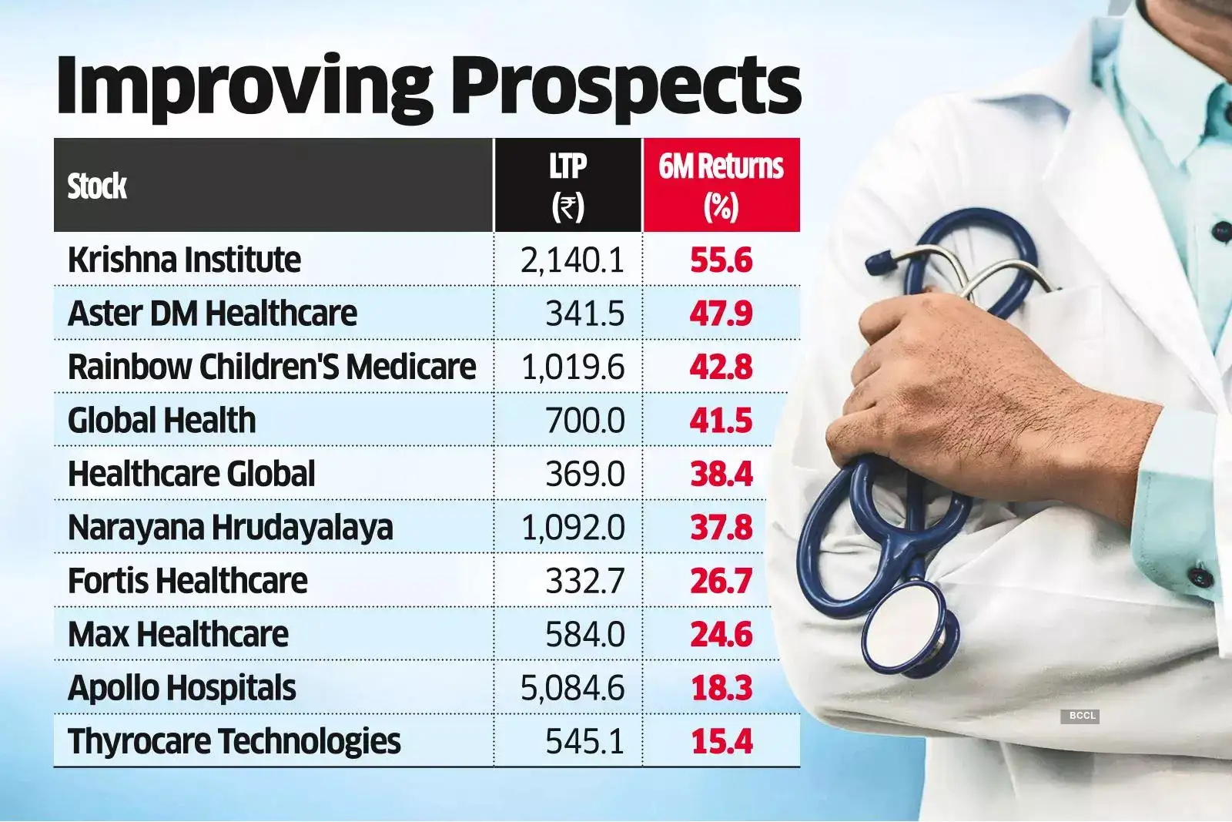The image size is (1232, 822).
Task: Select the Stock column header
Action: pyautogui.click(x=97, y=186)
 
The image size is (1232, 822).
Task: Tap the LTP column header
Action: pyautogui.click(x=567, y=185)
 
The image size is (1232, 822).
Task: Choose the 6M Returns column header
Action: pyautogui.click(x=721, y=185)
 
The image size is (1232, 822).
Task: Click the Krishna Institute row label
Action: pyautogui.click(x=184, y=260)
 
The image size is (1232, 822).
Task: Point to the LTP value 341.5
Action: pyautogui.click(x=584, y=314)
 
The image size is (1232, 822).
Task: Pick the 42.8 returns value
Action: pyautogui.click(x=721, y=367)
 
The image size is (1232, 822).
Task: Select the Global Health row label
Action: pyautogui.click(x=162, y=421)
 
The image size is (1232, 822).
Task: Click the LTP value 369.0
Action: pyautogui.click(x=584, y=474)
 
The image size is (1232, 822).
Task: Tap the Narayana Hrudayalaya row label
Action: pyautogui.click(x=230, y=528)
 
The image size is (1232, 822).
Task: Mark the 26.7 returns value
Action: pyautogui.click(x=721, y=581)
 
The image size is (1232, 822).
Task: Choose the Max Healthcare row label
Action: pyautogui.click(x=178, y=635)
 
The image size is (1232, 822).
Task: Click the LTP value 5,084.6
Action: pyautogui.click(x=572, y=688)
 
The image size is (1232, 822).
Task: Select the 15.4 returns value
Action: pyautogui.click(x=721, y=741)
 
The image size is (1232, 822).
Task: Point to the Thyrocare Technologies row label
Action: pyautogui.click(x=234, y=741)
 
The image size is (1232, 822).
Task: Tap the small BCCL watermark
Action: pyautogui.click(x=1082, y=716)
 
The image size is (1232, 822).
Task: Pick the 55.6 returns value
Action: pyautogui.click(x=721, y=260)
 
